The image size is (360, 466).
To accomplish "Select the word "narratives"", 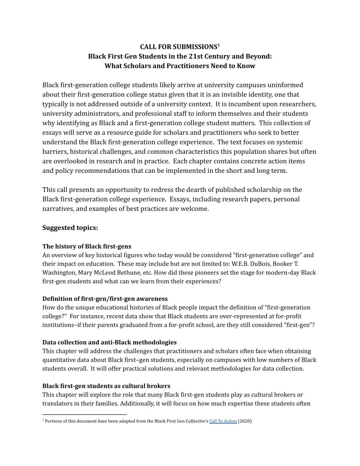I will tap(58, 208).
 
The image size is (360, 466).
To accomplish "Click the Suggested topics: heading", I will tap(70, 227).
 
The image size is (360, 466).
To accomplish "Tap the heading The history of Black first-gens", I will tap(86, 246).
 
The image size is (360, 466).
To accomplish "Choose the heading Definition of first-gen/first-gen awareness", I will tap(105, 299).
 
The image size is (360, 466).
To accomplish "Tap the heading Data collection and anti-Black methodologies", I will tap(109, 342).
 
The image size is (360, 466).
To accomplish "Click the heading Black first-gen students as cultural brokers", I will tap(106, 386).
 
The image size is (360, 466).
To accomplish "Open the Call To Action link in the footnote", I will tap(223, 421).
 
